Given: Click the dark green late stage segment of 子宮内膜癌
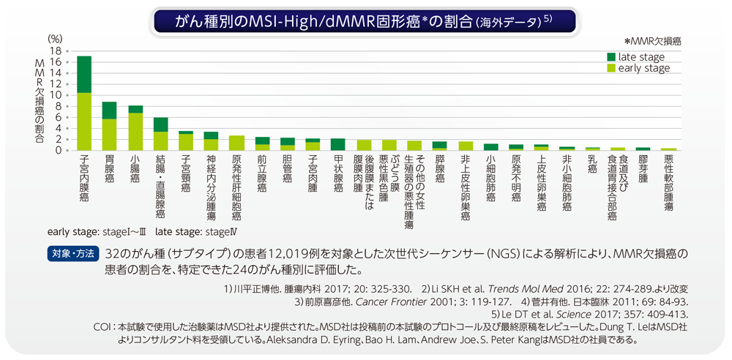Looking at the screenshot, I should [x=84, y=74].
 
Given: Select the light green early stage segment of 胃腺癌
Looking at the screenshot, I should [x=109, y=135].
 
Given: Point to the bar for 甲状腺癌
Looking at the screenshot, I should [x=338, y=144].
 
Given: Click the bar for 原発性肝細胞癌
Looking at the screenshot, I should [x=236, y=143].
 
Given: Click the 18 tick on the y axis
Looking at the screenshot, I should [x=54, y=51].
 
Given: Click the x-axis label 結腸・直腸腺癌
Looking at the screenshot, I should [x=160, y=187].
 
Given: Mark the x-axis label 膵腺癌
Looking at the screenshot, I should [x=440, y=168].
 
